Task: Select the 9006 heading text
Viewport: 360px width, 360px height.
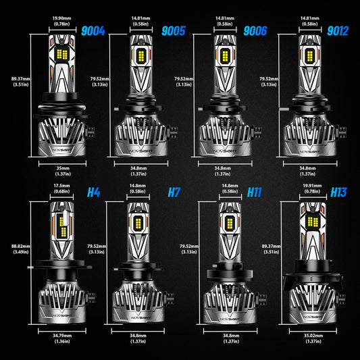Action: point(255,30)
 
